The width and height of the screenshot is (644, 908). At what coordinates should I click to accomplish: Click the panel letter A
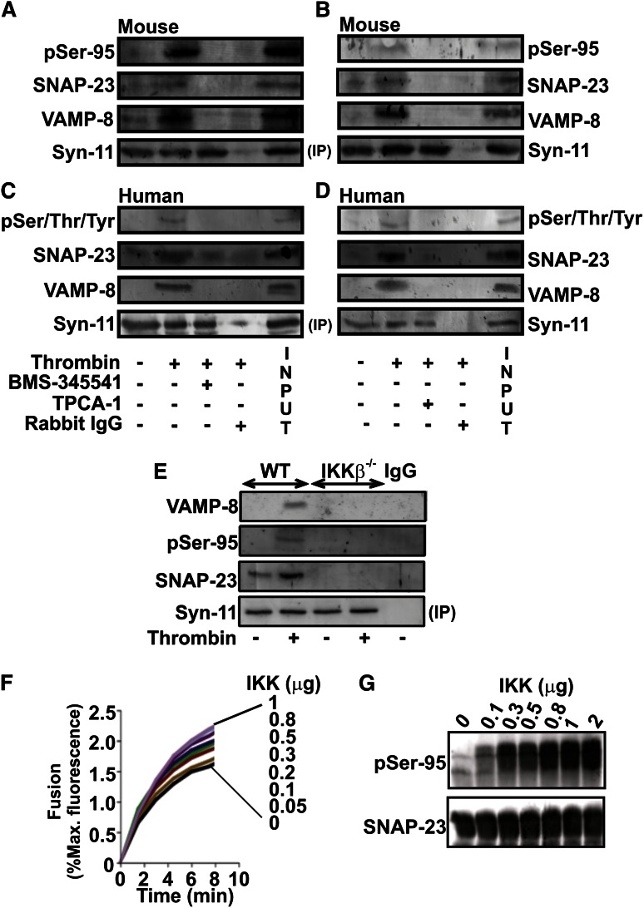[10, 9]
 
